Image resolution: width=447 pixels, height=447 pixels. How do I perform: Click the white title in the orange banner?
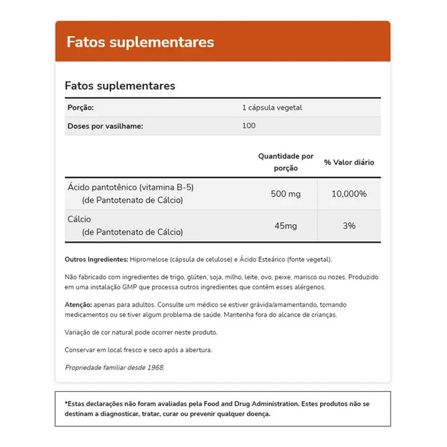(x=140, y=42)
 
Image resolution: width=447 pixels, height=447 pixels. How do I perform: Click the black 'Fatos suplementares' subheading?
(x=120, y=86)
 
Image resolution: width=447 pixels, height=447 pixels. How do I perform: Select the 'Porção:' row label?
(x=80, y=108)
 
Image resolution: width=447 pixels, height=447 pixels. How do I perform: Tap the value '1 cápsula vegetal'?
(x=272, y=108)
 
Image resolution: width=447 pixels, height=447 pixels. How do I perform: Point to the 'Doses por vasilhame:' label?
(x=105, y=126)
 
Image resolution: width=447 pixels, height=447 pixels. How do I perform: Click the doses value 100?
(x=249, y=126)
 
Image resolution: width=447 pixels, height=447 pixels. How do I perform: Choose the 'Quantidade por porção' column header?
(x=286, y=162)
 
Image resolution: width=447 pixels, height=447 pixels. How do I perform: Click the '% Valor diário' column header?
(x=349, y=162)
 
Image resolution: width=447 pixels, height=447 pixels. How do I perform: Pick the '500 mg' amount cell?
(x=286, y=194)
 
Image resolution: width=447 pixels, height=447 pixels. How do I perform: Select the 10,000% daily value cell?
(x=349, y=194)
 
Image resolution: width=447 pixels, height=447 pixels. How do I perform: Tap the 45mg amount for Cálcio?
(x=286, y=226)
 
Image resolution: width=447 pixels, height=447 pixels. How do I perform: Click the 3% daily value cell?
(x=350, y=226)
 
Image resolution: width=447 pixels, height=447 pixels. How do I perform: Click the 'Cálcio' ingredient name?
(x=80, y=219)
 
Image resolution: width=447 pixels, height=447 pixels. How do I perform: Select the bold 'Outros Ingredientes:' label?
(x=96, y=259)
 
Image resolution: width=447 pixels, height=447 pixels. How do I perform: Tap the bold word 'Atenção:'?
(x=78, y=305)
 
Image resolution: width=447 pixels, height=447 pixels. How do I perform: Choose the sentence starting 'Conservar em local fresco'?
(x=138, y=350)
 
